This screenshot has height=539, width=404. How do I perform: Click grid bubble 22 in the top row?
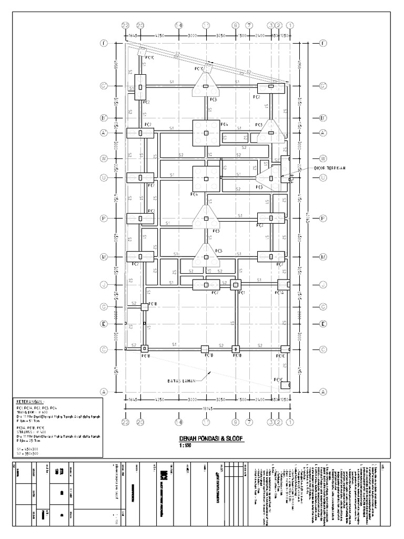125,25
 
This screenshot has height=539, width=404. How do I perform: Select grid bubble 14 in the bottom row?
179,422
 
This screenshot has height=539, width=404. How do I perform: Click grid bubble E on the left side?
104,324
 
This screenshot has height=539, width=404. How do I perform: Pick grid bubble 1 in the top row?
290,25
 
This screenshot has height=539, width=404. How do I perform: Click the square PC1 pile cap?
236,285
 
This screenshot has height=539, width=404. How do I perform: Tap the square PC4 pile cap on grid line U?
206,179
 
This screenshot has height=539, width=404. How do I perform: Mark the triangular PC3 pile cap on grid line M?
206,256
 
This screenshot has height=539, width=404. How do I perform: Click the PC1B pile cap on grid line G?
144,306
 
